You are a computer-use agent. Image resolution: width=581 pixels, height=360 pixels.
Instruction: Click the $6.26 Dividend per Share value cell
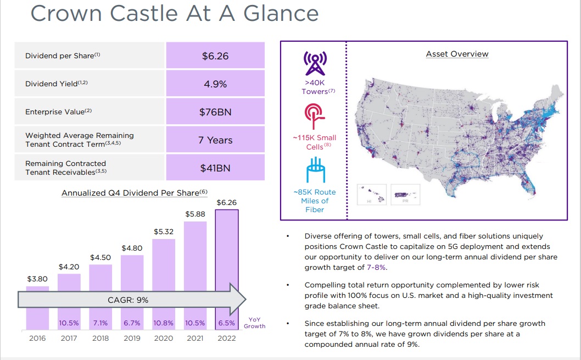(215, 56)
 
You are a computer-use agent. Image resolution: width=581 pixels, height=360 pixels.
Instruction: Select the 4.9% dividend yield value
(215, 84)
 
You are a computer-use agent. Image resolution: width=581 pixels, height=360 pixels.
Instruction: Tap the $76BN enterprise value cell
(215, 112)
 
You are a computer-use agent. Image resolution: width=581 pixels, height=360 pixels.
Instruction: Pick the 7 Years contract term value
(215, 140)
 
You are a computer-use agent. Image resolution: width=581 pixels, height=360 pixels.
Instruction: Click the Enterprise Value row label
(58, 112)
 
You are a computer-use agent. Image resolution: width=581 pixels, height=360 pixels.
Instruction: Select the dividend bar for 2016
(37, 308)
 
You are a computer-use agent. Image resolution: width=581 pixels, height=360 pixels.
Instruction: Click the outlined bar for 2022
(227, 269)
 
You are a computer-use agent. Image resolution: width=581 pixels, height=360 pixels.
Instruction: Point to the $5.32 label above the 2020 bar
(164, 232)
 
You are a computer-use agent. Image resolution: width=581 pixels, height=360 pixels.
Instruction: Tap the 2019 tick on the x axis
(132, 338)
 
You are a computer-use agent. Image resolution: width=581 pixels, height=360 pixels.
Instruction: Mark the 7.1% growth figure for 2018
(100, 323)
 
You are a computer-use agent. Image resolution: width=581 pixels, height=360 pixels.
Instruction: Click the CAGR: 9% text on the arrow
(127, 300)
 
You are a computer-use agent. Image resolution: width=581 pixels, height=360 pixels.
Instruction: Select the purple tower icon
(315, 62)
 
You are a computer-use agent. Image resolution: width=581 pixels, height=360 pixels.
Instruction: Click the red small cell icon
(315, 116)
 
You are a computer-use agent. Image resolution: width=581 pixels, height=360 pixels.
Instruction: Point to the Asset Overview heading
(457, 54)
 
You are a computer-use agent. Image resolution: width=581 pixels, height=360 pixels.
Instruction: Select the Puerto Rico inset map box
(406, 194)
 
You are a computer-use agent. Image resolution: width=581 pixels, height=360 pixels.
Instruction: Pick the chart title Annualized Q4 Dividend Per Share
(135, 193)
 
